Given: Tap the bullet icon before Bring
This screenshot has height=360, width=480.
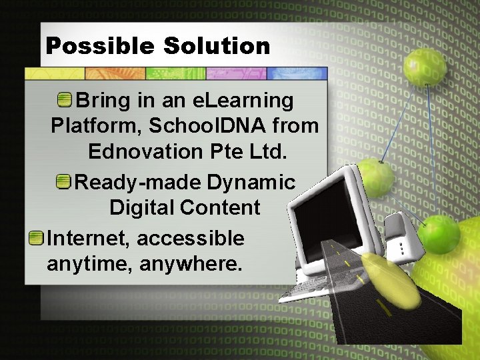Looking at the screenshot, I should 65,101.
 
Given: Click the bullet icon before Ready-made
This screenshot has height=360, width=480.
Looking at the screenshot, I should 65,181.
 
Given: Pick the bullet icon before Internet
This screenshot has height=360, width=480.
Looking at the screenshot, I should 37,238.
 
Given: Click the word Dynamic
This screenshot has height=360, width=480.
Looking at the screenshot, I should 251,182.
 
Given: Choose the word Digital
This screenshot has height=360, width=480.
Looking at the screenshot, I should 141,207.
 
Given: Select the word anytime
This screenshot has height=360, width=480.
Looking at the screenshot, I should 90,264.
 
